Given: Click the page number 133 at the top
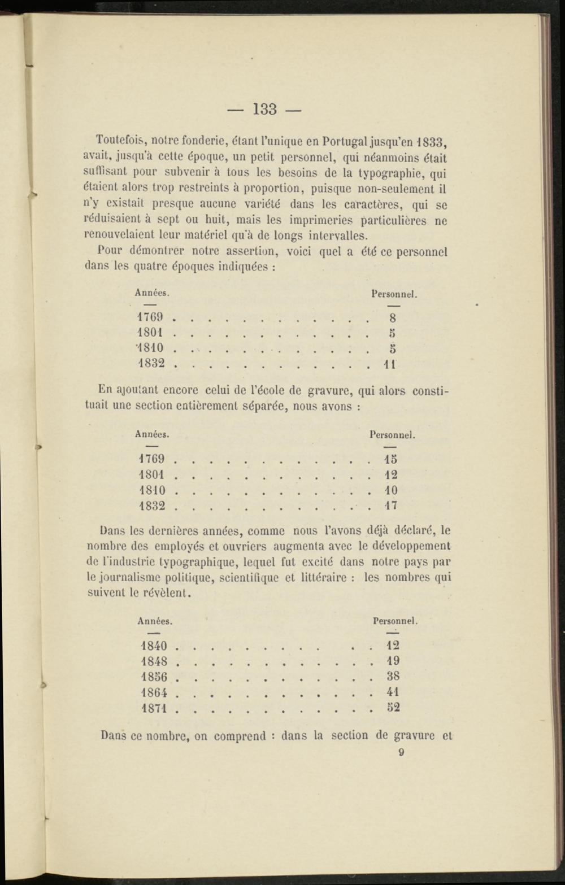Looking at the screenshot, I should tap(264, 108).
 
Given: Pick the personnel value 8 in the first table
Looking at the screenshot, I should tap(393, 317).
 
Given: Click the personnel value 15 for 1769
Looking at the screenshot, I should tap(391, 459).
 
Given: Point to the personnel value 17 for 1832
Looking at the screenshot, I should tap(391, 505).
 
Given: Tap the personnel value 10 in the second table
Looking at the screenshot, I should tap(391, 490).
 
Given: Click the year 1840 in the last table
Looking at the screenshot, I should tap(154, 646).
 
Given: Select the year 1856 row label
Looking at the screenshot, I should tap(154, 677).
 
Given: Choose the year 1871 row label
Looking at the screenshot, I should tap(154, 708).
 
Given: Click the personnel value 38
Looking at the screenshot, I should tap(393, 676).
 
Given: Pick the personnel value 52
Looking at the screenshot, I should tap(393, 707).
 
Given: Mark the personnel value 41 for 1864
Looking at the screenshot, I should tap(393, 692).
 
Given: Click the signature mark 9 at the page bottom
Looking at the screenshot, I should tap(401, 752).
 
